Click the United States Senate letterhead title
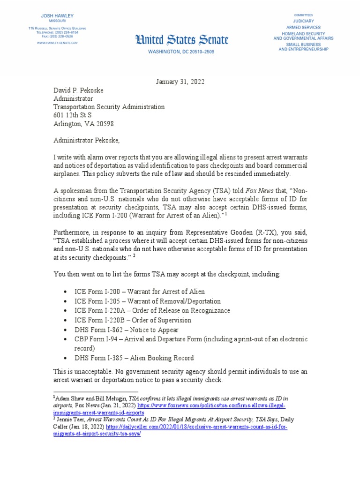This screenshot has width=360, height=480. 182,40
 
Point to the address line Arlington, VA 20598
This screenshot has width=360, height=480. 82,124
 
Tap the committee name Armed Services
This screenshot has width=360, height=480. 303,27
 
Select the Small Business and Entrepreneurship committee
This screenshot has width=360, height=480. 303,46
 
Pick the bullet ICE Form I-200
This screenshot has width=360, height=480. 140,292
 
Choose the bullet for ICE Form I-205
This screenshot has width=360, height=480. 147,301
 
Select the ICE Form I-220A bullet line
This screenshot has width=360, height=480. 152,310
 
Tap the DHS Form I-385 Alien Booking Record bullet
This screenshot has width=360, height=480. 134,358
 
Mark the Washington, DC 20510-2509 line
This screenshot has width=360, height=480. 181,51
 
